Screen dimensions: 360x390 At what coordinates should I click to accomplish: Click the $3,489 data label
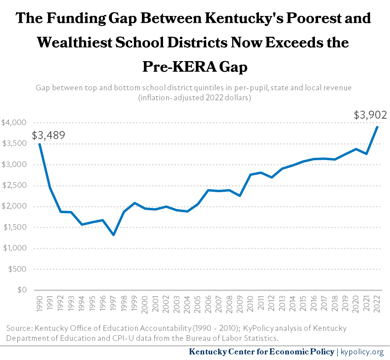(48, 135)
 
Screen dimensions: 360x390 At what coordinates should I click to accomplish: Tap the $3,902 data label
(370, 115)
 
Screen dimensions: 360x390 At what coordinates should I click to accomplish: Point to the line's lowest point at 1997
(113, 235)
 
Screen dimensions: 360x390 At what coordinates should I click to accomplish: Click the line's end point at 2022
(377, 127)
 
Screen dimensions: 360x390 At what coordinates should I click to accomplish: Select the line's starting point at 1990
(39, 144)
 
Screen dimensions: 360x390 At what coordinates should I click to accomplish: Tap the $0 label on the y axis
(22, 290)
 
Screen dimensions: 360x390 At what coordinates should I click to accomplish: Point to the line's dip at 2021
(366, 154)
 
